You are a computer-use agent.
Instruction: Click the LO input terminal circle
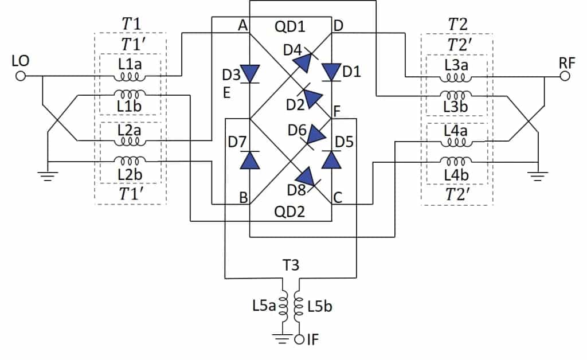(21, 76)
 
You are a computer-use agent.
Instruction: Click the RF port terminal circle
(566, 76)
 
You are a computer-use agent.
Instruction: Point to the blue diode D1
(331, 72)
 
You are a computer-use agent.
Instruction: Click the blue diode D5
(331, 159)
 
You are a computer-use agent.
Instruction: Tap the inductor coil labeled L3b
(457, 96)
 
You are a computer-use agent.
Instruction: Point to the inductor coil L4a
(457, 141)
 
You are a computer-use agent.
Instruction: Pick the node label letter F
(336, 109)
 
